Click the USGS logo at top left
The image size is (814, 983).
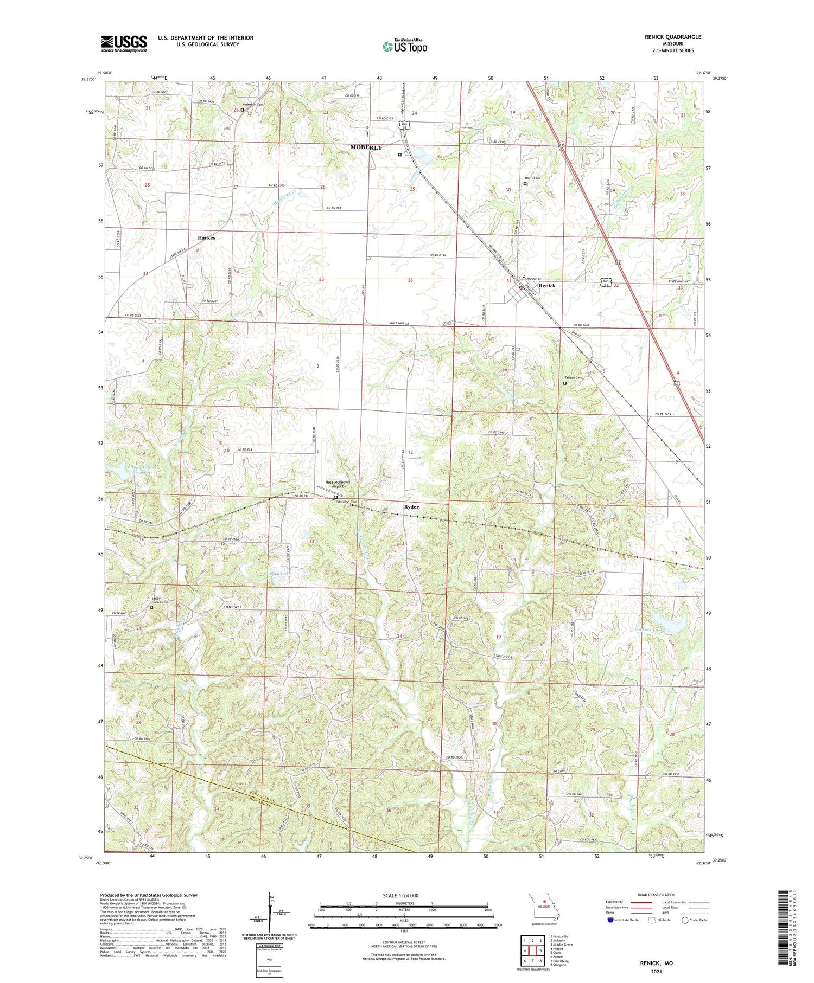[124, 43]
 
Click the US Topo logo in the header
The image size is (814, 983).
[405, 46]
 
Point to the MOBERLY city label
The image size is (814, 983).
[366, 147]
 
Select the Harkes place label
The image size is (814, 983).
[206, 237]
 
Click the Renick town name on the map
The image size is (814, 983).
[547, 285]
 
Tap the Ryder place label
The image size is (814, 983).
[411, 506]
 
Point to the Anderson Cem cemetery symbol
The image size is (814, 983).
[243, 110]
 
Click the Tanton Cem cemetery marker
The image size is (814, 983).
[564, 383]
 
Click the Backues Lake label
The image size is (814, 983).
[648, 629]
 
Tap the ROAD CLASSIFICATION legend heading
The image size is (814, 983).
[657, 895]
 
